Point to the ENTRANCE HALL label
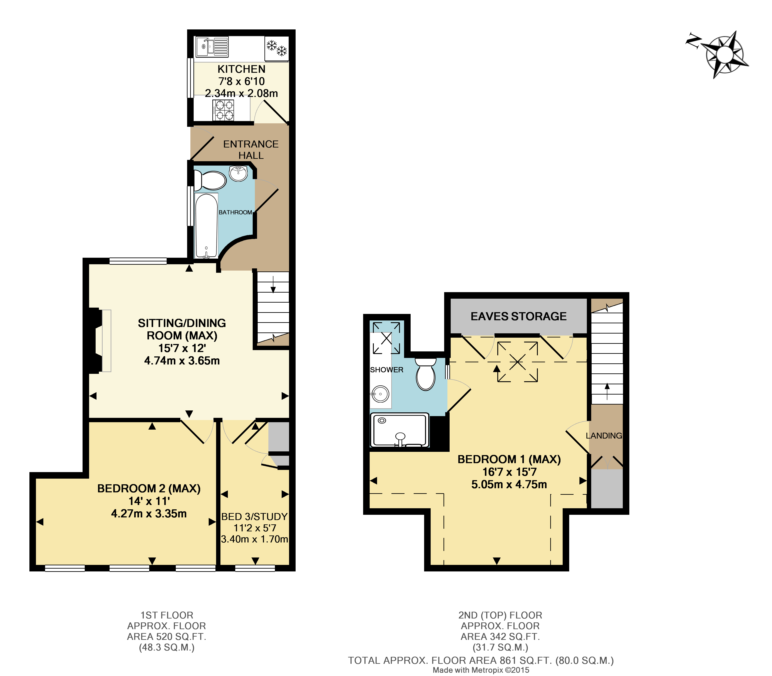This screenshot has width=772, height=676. (x=251, y=149)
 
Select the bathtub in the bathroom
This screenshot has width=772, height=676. (x=206, y=225)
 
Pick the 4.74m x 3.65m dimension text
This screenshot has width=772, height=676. (x=182, y=361)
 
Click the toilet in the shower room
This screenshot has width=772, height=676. (x=425, y=374)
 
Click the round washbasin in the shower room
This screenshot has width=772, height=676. (x=380, y=395)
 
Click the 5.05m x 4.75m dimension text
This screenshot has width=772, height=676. (x=509, y=484)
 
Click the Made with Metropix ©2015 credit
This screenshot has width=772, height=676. (x=481, y=670)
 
